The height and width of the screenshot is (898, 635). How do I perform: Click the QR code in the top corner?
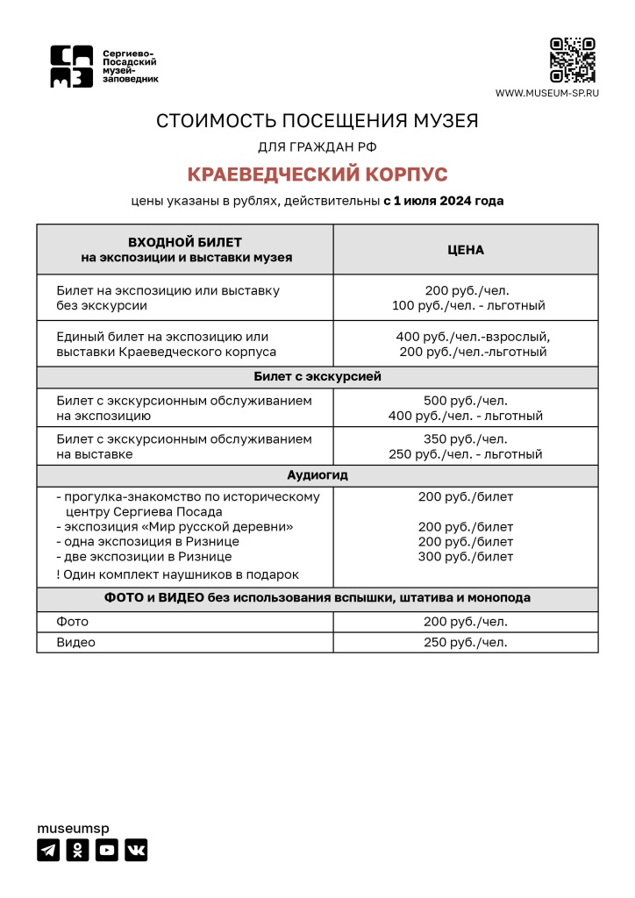tap(573, 61)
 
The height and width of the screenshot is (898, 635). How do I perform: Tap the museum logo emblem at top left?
tap(71, 67)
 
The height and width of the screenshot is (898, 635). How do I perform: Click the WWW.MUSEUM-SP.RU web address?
tap(546, 93)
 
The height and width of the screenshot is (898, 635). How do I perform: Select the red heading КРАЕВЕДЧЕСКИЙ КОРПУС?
tap(317, 174)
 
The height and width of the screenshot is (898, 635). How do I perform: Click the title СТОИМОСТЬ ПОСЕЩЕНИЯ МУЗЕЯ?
tap(317, 121)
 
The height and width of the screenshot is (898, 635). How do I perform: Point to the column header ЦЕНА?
tap(466, 250)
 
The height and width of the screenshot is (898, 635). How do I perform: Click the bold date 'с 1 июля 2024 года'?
tap(444, 201)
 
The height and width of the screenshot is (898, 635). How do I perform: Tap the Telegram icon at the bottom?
tap(48, 850)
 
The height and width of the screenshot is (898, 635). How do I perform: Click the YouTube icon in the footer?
tap(106, 850)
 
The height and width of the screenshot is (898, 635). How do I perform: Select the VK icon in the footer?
tap(135, 850)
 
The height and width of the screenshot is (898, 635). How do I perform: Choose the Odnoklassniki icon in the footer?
tap(77, 850)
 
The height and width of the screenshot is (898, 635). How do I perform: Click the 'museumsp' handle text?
tap(73, 828)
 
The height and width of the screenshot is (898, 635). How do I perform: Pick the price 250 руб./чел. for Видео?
tap(466, 642)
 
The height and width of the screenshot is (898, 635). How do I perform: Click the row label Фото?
tap(73, 622)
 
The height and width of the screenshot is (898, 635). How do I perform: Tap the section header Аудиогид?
tap(317, 475)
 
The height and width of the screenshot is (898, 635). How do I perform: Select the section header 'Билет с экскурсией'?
tap(317, 377)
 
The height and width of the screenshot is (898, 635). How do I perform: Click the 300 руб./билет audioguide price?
tap(466, 557)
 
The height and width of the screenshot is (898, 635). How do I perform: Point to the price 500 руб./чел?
tap(466, 401)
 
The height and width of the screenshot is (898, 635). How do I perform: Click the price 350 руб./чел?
tap(466, 439)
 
